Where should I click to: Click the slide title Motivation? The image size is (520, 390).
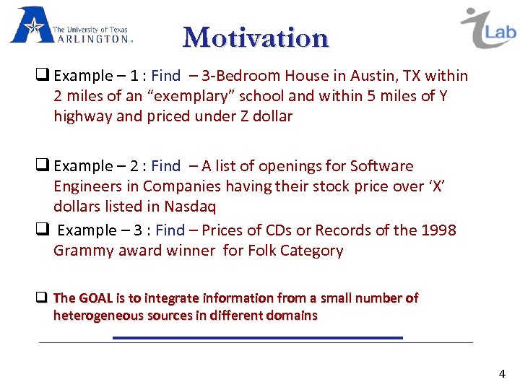[x=256, y=37]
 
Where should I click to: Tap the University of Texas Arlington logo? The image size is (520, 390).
[x=71, y=27]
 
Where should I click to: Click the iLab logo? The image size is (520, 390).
[x=487, y=28]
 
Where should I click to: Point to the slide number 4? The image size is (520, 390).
[x=502, y=373]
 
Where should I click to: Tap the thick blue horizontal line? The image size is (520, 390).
[x=257, y=337]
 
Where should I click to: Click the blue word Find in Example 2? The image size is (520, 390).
[x=166, y=166]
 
